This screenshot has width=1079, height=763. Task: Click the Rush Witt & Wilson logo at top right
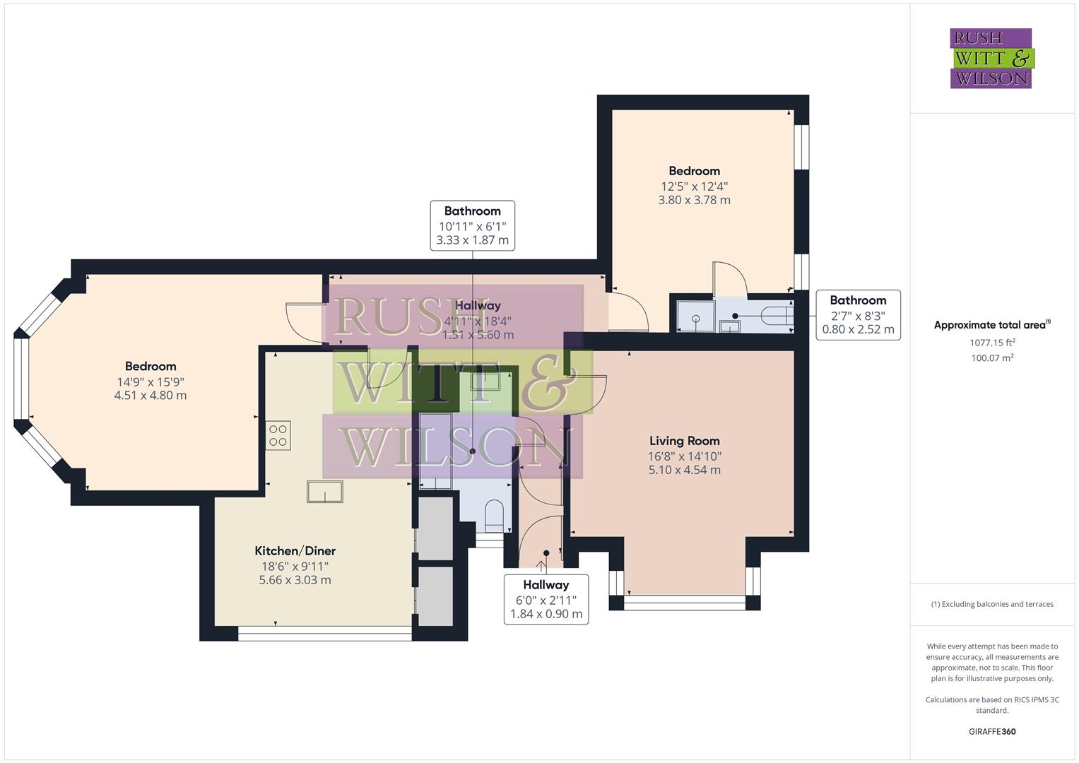[x=991, y=59]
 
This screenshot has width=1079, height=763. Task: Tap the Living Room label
[x=684, y=441]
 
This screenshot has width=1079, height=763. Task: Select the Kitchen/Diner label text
[x=295, y=551]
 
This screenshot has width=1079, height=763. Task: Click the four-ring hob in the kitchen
[x=278, y=435]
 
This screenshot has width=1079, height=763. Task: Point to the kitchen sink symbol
[x=324, y=491]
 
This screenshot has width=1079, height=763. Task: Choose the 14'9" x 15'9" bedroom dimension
[x=151, y=381]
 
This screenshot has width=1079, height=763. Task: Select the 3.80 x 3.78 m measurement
[x=694, y=200]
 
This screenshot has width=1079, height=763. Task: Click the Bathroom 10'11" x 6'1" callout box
[x=472, y=225]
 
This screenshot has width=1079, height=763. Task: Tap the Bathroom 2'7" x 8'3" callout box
[x=858, y=314]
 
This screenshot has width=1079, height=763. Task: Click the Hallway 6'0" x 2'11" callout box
[x=546, y=599]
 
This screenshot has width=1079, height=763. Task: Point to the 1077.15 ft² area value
[x=992, y=343]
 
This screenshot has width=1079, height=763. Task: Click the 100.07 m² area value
[x=992, y=358]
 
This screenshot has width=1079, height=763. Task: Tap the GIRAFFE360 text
[x=991, y=731]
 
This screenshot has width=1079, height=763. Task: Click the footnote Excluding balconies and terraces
[x=991, y=604]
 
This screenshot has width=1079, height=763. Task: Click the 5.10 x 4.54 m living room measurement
[x=684, y=470]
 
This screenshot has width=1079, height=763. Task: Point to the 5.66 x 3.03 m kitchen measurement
[x=295, y=580]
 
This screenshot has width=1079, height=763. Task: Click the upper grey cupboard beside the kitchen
[x=435, y=528]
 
